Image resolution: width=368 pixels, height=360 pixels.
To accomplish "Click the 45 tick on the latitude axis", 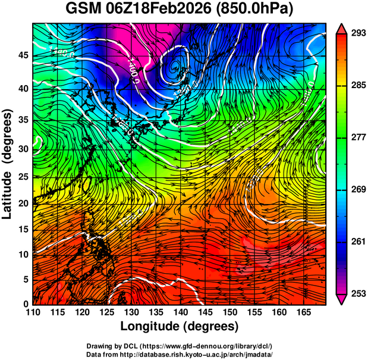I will tap(22, 55).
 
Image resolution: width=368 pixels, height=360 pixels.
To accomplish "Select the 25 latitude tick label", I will tap(22, 177).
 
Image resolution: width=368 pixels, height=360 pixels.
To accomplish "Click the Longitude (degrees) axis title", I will tap(180, 326).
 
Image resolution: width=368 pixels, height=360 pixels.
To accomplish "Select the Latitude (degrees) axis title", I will tap(8, 164).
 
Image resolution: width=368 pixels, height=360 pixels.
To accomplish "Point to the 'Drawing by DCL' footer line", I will tap(180, 346).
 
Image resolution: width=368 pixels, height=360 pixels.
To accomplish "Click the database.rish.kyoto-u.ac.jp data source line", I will tap(180, 353).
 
